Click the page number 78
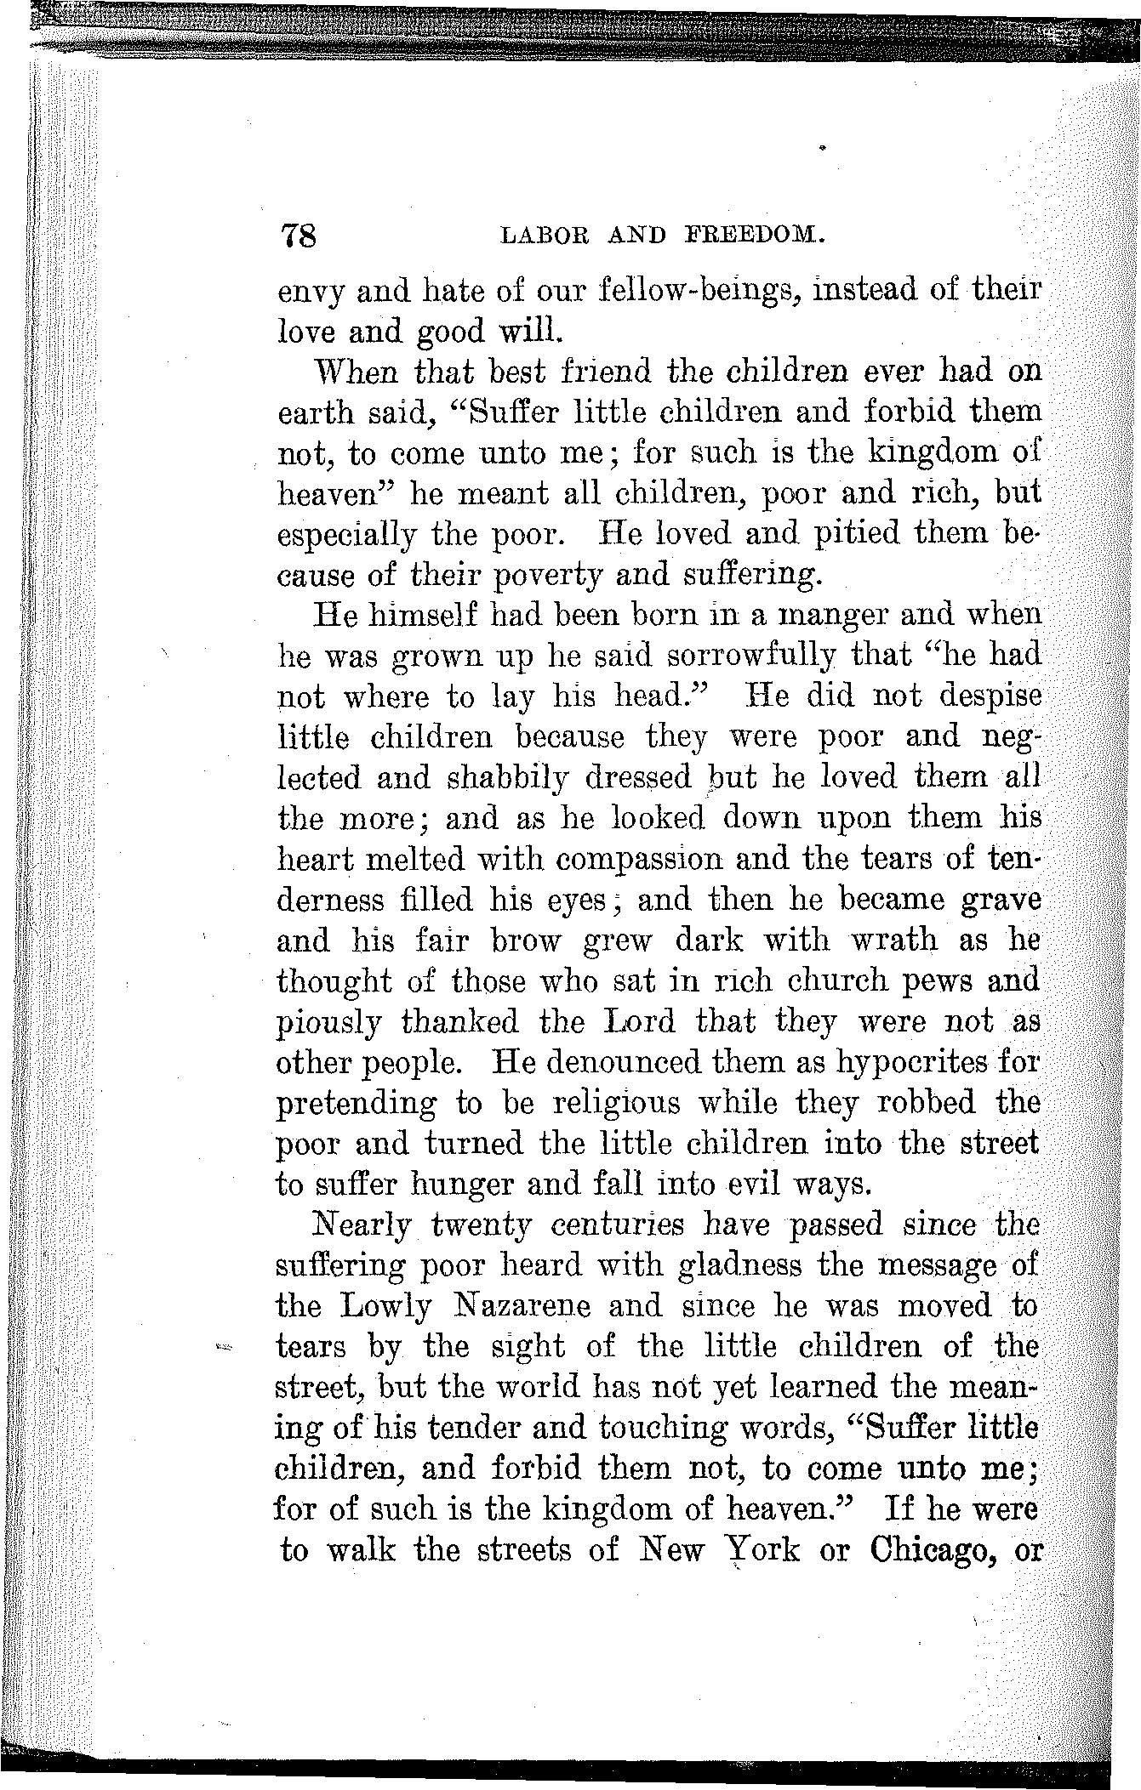point(297,234)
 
